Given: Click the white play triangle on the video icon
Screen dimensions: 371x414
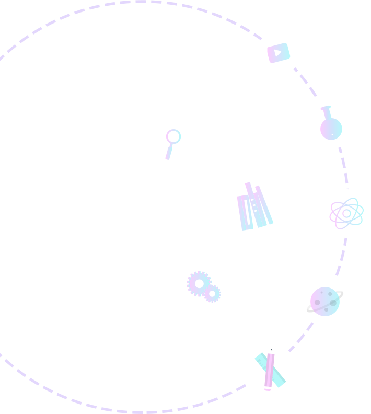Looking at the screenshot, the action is pyautogui.click(x=277, y=53).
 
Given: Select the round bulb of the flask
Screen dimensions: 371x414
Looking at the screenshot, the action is pyautogui.click(x=331, y=129).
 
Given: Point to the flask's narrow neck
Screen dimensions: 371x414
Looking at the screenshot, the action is pyautogui.click(x=328, y=114).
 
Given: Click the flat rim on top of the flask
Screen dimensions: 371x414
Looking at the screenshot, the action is pyautogui.click(x=326, y=108).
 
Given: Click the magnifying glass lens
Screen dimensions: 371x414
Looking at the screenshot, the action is pyautogui.click(x=173, y=136).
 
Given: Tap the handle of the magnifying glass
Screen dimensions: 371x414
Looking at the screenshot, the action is pyautogui.click(x=169, y=153).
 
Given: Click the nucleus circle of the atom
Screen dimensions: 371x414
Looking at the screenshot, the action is pyautogui.click(x=346, y=213).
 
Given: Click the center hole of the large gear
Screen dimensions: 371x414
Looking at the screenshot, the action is pyautogui.click(x=199, y=284).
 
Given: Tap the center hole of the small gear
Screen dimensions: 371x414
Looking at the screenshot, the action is pyautogui.click(x=212, y=294).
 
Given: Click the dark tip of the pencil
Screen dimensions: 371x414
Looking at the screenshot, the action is pyautogui.click(x=271, y=350).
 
